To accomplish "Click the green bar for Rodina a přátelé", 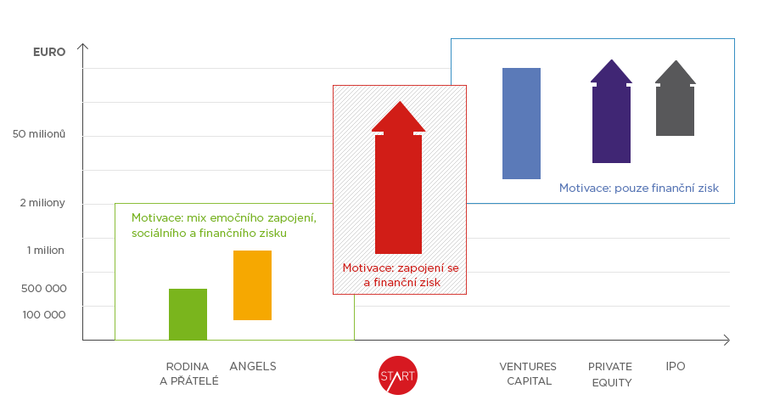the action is (x=188, y=314).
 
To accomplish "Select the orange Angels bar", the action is (x=253, y=285).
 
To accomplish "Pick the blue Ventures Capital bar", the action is (x=522, y=123).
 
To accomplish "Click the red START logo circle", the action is (x=398, y=375).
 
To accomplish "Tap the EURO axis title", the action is (x=49, y=52).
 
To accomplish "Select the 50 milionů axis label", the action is (x=39, y=134).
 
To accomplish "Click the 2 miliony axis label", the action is (x=42, y=203).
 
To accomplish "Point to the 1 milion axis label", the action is (x=45, y=251).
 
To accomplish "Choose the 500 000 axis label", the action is (x=44, y=289).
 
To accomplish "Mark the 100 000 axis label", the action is (x=44, y=315).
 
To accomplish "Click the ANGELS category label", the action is (x=253, y=366).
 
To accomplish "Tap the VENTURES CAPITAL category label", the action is (x=528, y=374).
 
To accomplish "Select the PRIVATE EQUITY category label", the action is (x=610, y=375).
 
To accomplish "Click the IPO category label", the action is (x=676, y=366).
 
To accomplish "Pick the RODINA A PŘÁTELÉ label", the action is (x=188, y=374).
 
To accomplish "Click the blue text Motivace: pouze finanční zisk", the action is (x=639, y=188).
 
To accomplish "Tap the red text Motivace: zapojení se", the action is (x=401, y=268).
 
